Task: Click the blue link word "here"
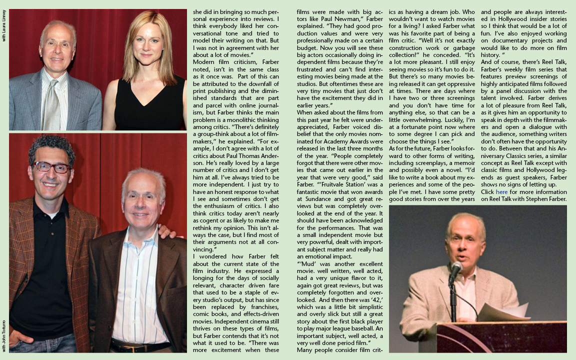501,191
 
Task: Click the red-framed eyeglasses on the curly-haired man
52,167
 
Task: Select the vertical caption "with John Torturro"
4,335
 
